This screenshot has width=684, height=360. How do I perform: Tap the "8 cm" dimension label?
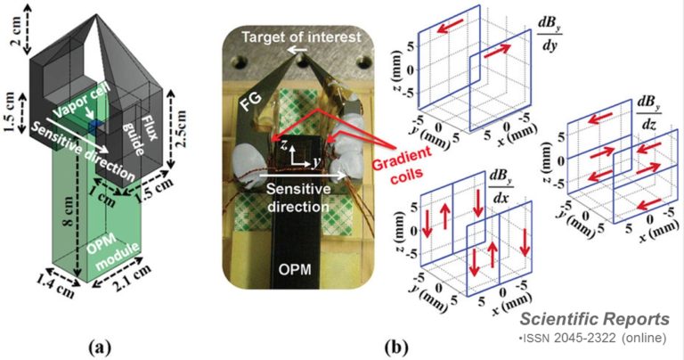pos(69,213)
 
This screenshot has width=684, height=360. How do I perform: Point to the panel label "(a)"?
pos(100,348)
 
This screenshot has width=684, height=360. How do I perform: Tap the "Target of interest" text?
pos(301,37)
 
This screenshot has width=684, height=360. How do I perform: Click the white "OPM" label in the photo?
pos(295,269)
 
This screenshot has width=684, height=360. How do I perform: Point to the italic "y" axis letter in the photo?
pos(313,162)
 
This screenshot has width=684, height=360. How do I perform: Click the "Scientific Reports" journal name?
pos(595,319)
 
